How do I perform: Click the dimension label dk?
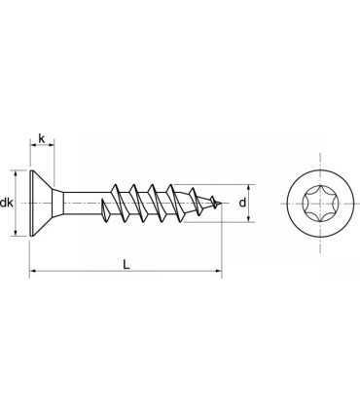point(8,203)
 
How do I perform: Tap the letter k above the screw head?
point(41,139)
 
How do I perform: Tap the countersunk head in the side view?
point(41,203)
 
